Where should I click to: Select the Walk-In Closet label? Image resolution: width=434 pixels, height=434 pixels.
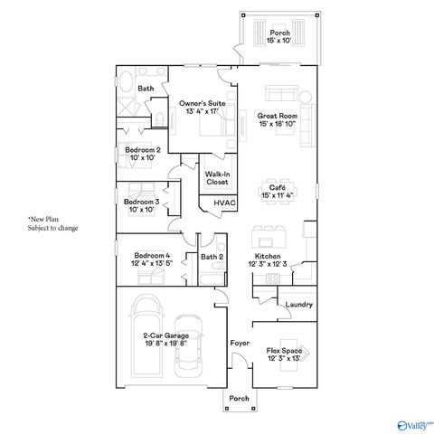click(217, 178)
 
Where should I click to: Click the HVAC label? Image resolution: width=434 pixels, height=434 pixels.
click(224, 203)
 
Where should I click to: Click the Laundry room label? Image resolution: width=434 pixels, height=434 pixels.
click(298, 305)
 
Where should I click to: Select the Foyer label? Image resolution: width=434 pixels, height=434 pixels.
click(239, 344)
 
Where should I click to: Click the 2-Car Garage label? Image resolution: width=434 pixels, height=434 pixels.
click(152, 339)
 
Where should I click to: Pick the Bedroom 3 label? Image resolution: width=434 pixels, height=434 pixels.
click(141, 205)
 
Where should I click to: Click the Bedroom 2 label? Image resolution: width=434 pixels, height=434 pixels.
click(142, 154)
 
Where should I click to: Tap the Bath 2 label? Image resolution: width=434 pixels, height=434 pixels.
click(212, 258)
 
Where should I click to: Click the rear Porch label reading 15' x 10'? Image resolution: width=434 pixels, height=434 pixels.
click(280, 37)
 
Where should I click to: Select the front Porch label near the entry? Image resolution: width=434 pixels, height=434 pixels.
click(239, 399)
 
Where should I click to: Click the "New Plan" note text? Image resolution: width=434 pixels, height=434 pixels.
click(52, 223)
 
